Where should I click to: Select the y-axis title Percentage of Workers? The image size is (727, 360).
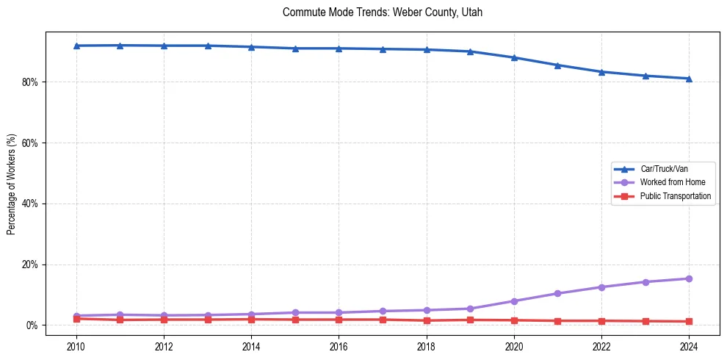click(11, 184)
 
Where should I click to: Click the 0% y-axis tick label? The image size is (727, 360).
click(32, 325)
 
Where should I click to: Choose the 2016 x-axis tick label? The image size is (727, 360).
click(339, 346)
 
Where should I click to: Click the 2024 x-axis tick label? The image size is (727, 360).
click(689, 346)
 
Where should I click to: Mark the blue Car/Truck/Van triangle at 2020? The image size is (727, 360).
click(514, 57)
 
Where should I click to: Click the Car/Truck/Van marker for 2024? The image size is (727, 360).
click(689, 79)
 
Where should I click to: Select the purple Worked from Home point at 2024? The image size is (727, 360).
click(689, 278)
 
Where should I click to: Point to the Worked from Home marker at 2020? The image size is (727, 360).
click(514, 301)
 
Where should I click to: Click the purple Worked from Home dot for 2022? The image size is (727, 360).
click(601, 287)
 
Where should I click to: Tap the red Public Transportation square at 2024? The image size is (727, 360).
click(689, 321)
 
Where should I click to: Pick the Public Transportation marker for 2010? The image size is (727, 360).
click(76, 318)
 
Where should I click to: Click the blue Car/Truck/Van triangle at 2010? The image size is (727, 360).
click(76, 46)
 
